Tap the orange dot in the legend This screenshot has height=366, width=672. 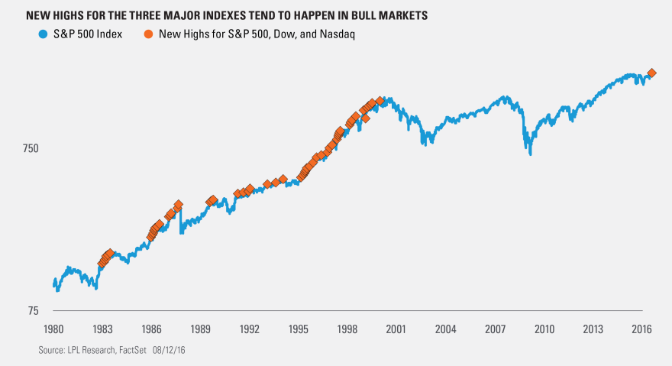tap(147, 34)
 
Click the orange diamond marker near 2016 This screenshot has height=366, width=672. tap(651, 73)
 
